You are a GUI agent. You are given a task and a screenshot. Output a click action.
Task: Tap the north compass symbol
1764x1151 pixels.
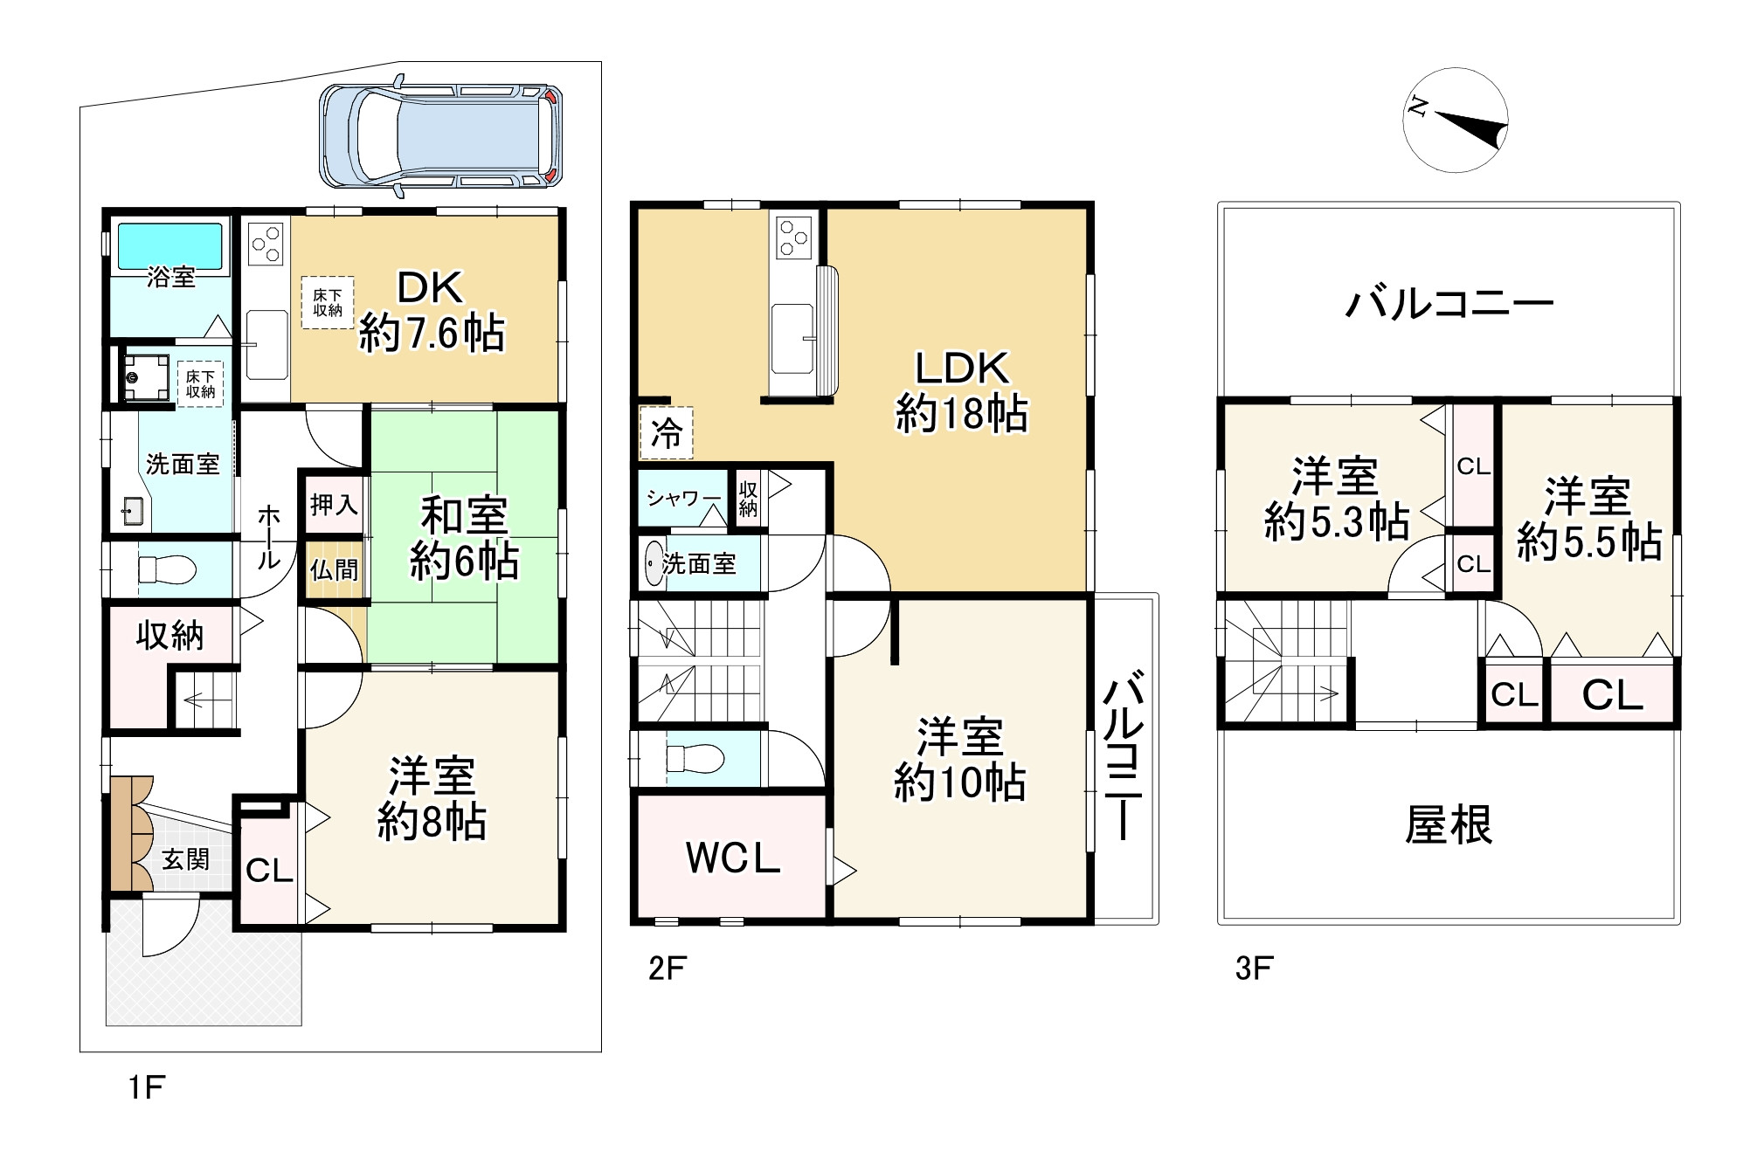1456,120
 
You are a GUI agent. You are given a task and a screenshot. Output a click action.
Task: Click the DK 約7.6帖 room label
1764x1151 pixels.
432,310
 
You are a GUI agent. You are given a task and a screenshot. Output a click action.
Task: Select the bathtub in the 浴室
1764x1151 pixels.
169,245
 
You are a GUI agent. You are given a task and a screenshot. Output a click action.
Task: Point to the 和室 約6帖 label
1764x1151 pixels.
464,538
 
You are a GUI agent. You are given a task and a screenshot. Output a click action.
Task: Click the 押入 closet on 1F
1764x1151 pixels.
333,504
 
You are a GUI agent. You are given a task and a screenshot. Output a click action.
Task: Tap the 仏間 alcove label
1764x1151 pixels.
334,570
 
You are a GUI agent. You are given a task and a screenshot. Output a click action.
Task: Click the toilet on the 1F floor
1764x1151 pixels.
166,570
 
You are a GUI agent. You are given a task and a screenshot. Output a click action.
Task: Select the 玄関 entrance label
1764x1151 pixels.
185,859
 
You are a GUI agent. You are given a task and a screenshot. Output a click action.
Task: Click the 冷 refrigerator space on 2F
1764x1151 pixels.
666,432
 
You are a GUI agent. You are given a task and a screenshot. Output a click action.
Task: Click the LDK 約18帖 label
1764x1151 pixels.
961,391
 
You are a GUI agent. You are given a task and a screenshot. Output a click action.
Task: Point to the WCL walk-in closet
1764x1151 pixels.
732,858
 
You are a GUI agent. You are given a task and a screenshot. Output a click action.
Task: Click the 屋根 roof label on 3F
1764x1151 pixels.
1449,824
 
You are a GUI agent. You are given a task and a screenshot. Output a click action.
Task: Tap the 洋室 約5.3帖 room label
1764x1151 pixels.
1335,500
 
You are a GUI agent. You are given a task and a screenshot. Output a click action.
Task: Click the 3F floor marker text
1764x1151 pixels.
1253,968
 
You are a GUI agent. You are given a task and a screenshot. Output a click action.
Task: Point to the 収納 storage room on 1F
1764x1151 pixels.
169,635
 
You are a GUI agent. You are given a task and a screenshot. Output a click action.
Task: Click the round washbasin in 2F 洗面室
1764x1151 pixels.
653,564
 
